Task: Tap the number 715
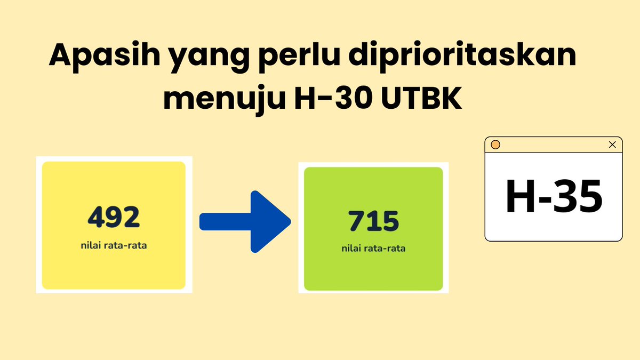[373, 221]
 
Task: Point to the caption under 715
[373, 249]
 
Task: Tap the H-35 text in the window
[554, 196]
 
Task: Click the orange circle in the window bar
[495, 145]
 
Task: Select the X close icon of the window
[612, 145]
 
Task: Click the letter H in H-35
[519, 196]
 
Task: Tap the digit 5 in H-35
[588, 196]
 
